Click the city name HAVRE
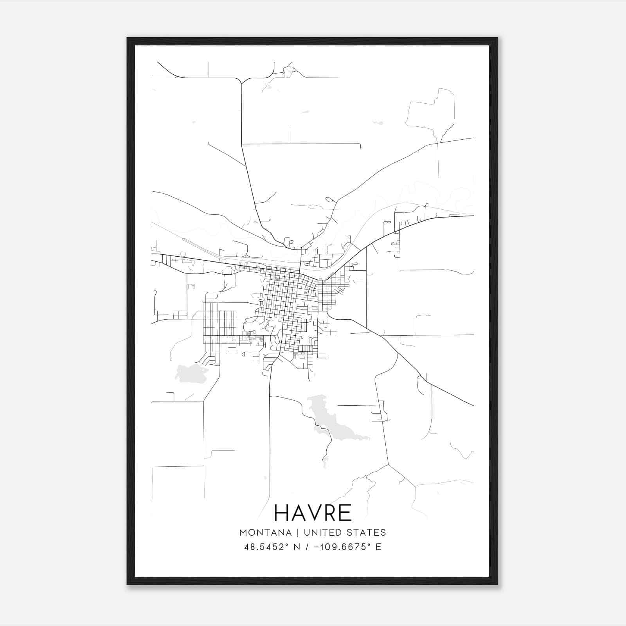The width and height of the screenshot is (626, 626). click(313, 513)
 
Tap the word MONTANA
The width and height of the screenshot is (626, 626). click(265, 532)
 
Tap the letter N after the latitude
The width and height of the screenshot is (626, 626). click(297, 547)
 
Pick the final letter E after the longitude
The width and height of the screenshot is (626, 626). click(378, 547)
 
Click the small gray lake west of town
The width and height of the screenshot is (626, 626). click(191, 374)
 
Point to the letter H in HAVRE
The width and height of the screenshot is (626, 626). click(281, 513)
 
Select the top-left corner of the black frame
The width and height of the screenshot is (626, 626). click(128, 38)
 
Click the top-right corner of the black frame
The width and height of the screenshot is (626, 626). click(496, 38)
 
